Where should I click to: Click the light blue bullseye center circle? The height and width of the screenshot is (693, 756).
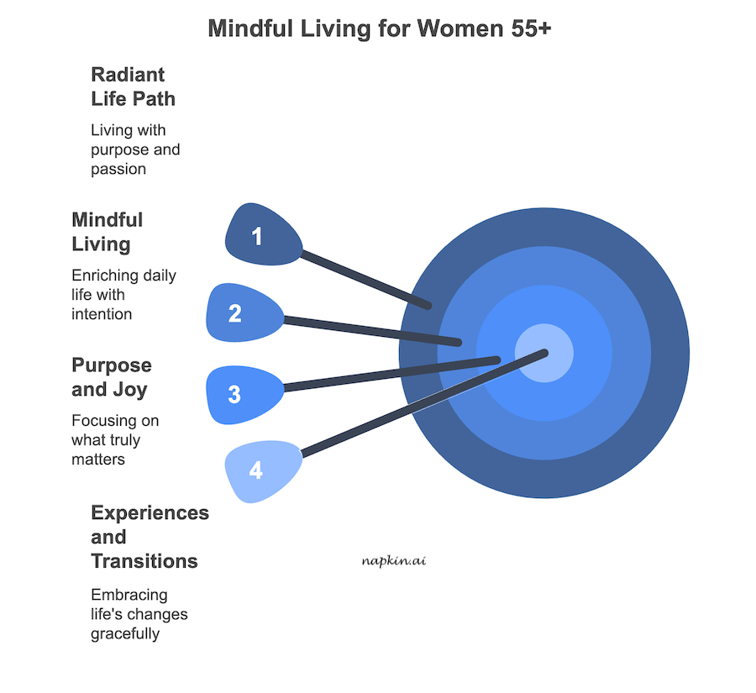click(543, 353)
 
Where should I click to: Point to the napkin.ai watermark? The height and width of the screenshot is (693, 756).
click(395, 559)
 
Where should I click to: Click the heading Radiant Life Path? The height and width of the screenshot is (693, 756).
click(133, 87)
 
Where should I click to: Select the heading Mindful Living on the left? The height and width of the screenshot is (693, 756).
click(107, 232)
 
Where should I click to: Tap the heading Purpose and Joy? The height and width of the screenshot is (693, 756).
click(111, 377)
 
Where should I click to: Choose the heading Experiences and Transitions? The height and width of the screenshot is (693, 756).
click(149, 536)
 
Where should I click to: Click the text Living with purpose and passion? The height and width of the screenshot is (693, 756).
click(134, 150)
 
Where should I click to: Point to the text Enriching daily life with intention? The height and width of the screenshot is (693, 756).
click(123, 295)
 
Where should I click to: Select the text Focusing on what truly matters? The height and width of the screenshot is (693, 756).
click(114, 440)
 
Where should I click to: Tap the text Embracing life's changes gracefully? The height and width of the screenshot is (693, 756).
click(139, 614)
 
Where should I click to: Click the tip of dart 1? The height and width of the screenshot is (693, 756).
click(428, 306)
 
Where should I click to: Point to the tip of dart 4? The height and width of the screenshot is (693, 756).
click(545, 353)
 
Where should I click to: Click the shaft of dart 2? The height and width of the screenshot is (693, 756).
click(370, 330)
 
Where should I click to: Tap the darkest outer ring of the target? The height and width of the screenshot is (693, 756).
click(664, 353)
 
